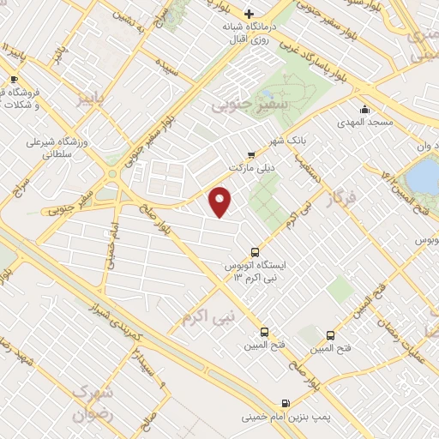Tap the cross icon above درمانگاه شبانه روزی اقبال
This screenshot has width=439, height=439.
(x=250, y=13)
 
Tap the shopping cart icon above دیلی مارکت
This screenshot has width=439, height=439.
(x=250, y=154)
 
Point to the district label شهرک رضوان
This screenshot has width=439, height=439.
(x=92, y=400)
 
